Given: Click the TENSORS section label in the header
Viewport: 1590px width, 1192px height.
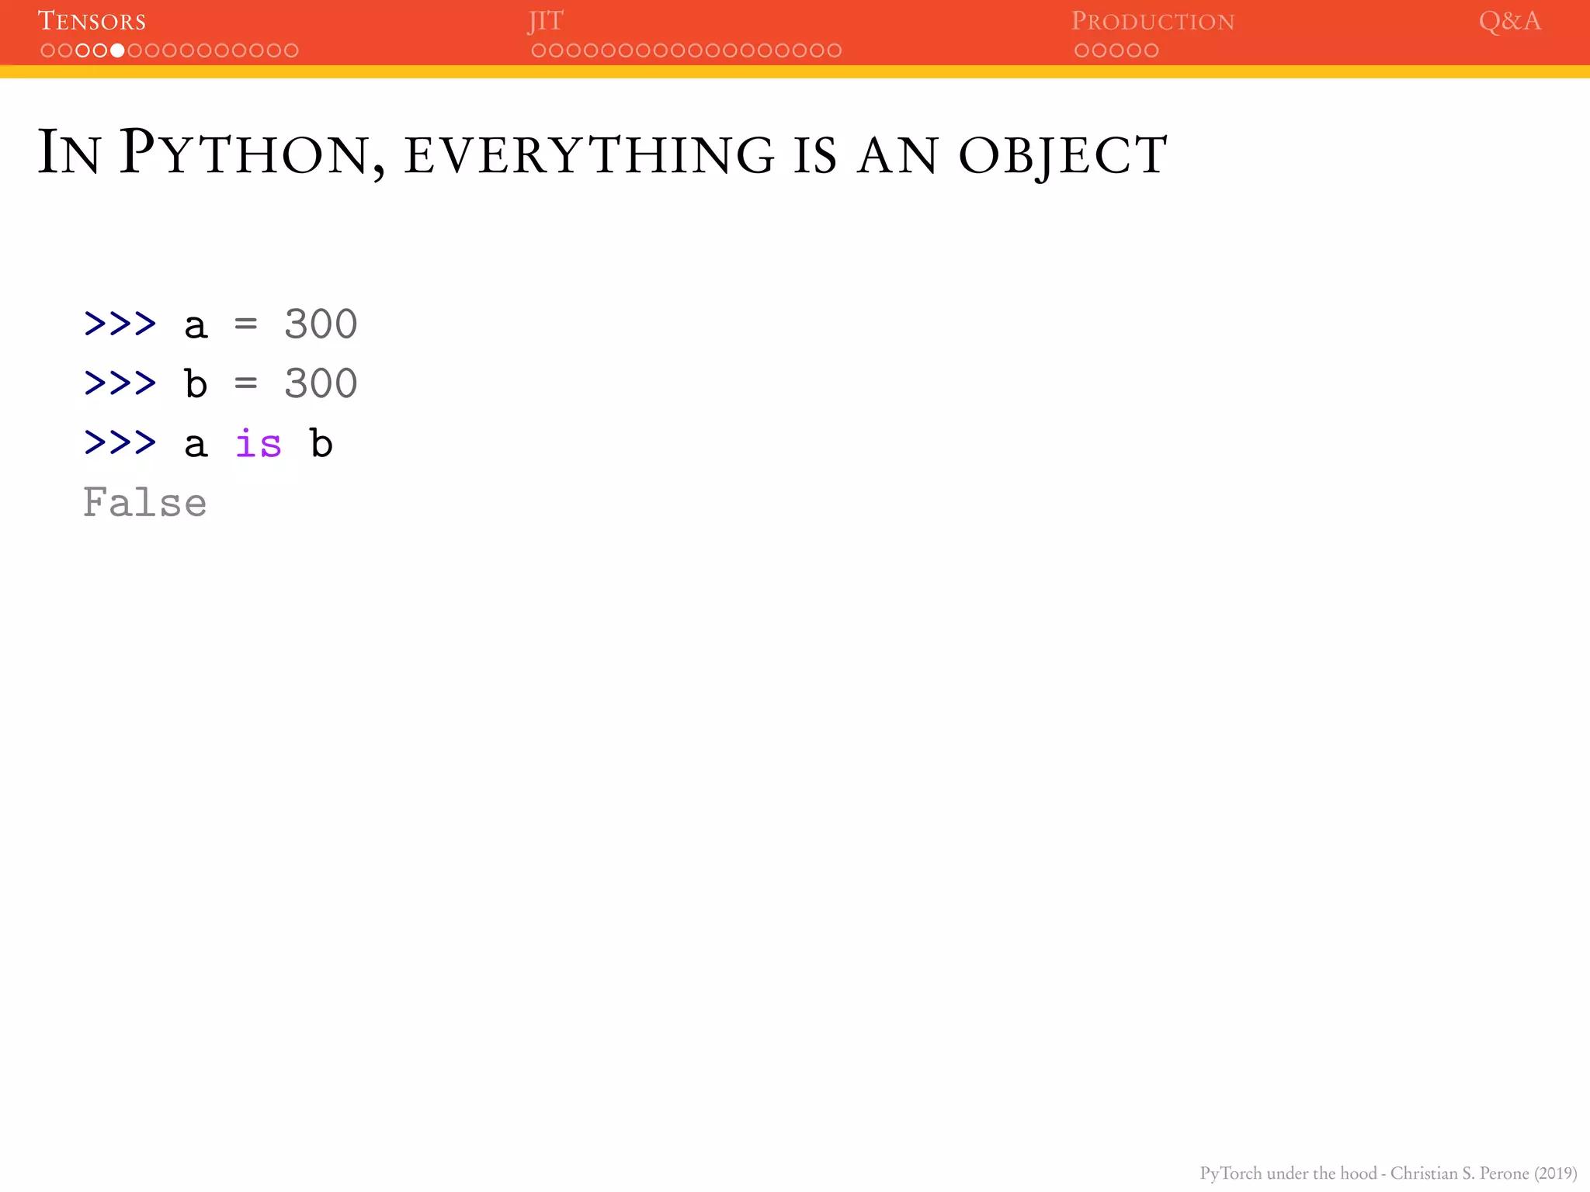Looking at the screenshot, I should point(92,21).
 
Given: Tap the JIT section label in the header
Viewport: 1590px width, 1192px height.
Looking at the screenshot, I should point(545,21).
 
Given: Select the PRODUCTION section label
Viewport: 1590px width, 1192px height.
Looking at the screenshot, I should point(1152,21).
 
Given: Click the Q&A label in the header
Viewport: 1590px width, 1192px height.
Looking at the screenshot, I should point(1509,21).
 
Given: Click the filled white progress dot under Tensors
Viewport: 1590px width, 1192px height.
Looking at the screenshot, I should point(117,50).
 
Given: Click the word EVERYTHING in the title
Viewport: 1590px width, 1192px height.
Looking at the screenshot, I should point(589,154).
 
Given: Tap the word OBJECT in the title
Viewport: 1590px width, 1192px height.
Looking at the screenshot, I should point(1063,154).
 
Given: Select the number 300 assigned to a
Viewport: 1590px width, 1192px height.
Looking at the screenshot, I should point(320,324).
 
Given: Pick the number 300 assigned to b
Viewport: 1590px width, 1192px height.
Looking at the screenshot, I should point(320,383).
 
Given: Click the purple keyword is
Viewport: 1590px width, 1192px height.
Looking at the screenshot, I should point(258,443).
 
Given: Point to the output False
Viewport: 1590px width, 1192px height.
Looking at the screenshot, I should point(144,503).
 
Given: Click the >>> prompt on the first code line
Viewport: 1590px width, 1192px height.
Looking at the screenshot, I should point(120,324).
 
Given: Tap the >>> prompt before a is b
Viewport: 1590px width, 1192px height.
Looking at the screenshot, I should point(120,443).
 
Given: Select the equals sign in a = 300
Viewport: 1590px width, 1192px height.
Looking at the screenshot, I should point(245,324).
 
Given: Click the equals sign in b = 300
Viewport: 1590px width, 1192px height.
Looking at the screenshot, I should point(245,383).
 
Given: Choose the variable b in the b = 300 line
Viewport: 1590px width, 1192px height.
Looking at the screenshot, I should point(196,383).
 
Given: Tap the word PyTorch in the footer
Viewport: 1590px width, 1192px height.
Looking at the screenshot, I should point(1231,1173).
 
